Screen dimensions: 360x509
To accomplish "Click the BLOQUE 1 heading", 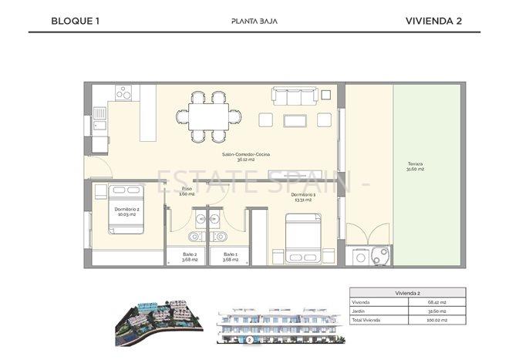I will click(x=76, y=21).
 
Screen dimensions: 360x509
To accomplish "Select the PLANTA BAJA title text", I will click(x=254, y=21).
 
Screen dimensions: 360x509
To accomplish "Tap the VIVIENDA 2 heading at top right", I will click(x=433, y=21).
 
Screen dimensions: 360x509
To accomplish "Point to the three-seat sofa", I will click(x=294, y=96).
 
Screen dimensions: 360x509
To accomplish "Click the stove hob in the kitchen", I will click(x=124, y=93).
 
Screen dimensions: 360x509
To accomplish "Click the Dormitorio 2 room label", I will click(x=126, y=211).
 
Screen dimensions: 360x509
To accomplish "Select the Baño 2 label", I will click(x=190, y=257).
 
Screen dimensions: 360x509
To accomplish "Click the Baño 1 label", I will click(x=231, y=257).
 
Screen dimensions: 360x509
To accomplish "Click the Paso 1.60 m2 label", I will click(x=187, y=191).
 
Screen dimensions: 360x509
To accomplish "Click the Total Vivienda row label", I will click(x=368, y=319).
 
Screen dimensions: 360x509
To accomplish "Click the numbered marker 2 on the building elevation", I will click(x=249, y=339).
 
